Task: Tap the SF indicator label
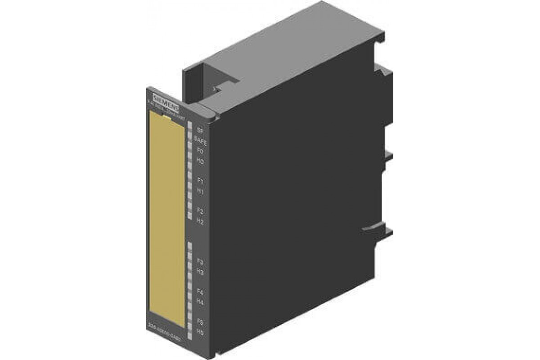coord(200,130)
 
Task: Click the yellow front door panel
coord(166,216)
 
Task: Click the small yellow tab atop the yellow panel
coord(167,117)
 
